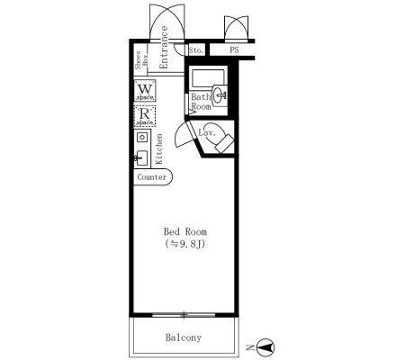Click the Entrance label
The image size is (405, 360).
164,48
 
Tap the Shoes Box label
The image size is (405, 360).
141,60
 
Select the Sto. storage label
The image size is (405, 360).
196,50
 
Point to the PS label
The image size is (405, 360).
234,49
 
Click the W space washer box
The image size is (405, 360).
145,91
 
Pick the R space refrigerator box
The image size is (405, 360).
145,116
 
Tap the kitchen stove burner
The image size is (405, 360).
142,138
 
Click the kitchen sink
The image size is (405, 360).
141,157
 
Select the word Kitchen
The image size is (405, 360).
159,148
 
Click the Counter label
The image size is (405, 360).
152,177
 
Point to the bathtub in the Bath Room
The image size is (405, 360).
208,78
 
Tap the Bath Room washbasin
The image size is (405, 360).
220,95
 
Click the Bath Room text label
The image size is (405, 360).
201,102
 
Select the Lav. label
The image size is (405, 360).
207,132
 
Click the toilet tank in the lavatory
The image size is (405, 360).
224,144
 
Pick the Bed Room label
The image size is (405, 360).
185,231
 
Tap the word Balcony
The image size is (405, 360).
184,337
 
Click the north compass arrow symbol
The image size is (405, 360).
265,347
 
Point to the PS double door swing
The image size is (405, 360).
237,28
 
